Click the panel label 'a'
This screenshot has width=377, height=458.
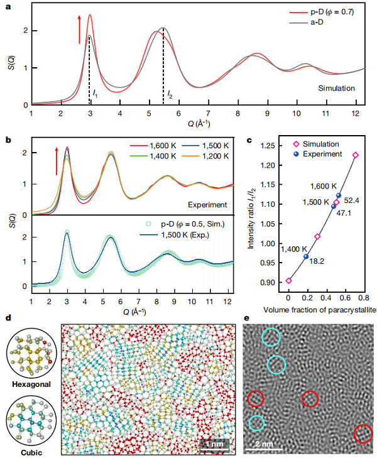click(8, 8)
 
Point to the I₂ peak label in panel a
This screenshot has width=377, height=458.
click(170, 94)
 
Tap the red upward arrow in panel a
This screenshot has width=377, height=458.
click(80, 30)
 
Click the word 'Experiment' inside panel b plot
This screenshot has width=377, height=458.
click(207, 205)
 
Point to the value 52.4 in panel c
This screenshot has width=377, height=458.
click(350, 201)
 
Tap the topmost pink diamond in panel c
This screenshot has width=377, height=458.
click(355, 155)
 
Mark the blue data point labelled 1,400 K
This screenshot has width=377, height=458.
click(306, 256)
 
